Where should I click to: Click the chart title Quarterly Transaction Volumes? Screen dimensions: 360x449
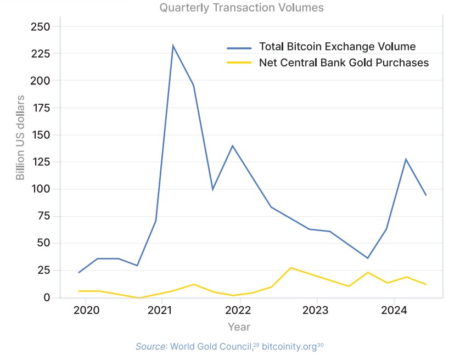point(242,8)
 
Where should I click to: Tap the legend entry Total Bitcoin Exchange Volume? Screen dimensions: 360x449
point(337,46)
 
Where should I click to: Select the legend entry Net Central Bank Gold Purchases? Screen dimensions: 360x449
point(344,63)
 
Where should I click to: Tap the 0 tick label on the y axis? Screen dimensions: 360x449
point(47,297)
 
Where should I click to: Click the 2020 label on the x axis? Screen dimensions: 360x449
point(86,311)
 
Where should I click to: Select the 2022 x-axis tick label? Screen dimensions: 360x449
point(239,311)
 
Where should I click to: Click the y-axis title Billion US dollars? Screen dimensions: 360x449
point(20,137)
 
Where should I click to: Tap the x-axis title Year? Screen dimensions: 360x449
point(239,327)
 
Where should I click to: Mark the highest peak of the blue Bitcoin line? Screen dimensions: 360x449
point(173,46)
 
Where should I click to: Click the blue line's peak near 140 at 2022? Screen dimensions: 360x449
point(232,145)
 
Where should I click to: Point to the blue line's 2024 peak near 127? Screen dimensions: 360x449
point(406,159)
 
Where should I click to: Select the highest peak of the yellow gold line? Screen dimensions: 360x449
point(291,268)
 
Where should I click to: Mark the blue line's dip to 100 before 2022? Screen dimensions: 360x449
point(212,189)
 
